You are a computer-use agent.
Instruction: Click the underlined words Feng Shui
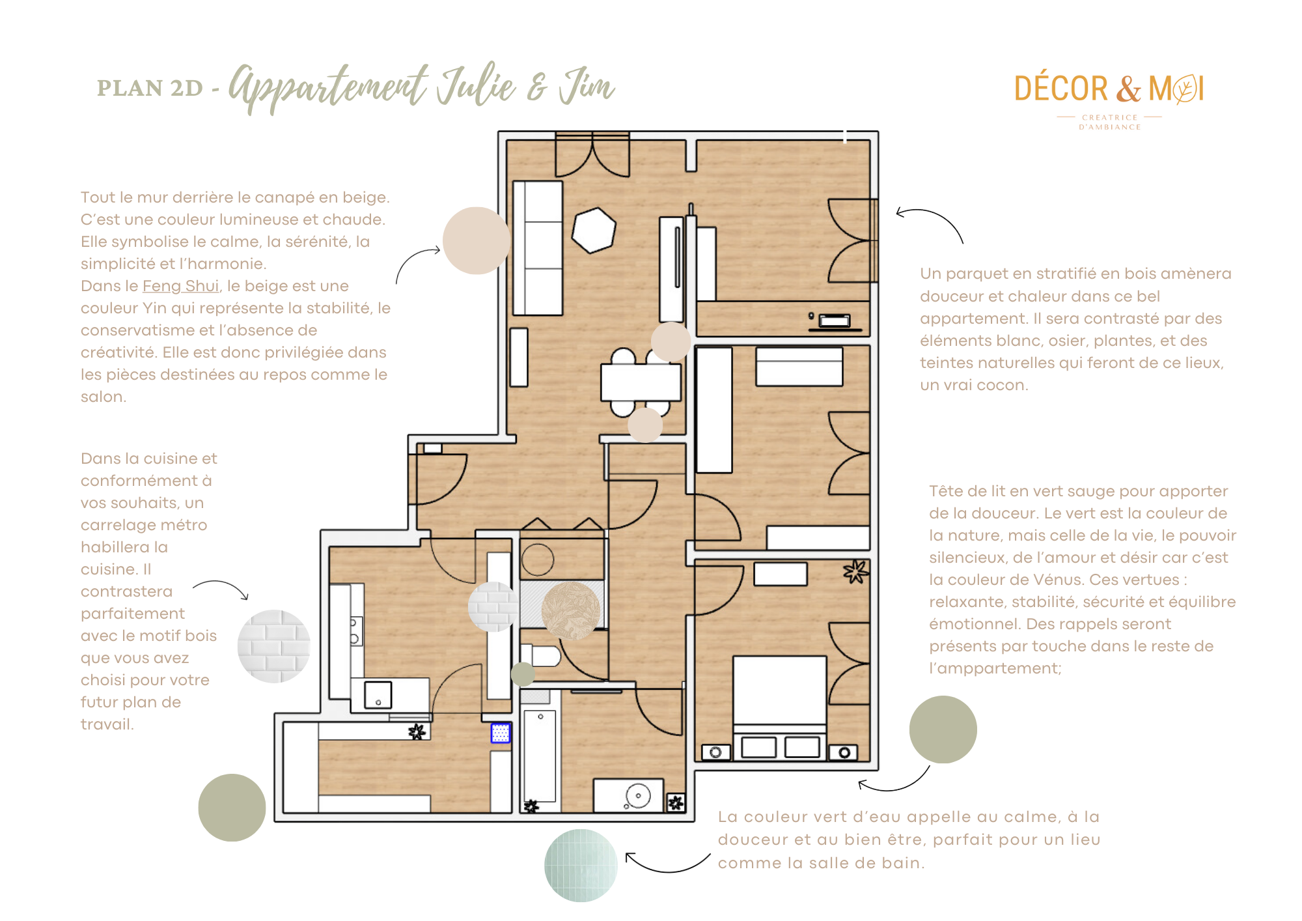[180, 286]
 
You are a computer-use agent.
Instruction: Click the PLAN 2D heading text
[150, 88]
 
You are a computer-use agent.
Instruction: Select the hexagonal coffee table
[594, 230]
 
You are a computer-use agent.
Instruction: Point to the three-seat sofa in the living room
[538, 248]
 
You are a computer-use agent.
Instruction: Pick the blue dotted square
[500, 733]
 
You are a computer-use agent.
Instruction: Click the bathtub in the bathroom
[540, 756]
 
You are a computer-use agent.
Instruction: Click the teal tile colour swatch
[581, 865]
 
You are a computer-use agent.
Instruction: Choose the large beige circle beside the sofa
[477, 240]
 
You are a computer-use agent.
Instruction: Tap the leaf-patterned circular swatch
[571, 610]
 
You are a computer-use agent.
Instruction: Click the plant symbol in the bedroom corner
[856, 572]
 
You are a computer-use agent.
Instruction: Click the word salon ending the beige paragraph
[102, 397]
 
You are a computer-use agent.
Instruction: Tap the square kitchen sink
[378, 695]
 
